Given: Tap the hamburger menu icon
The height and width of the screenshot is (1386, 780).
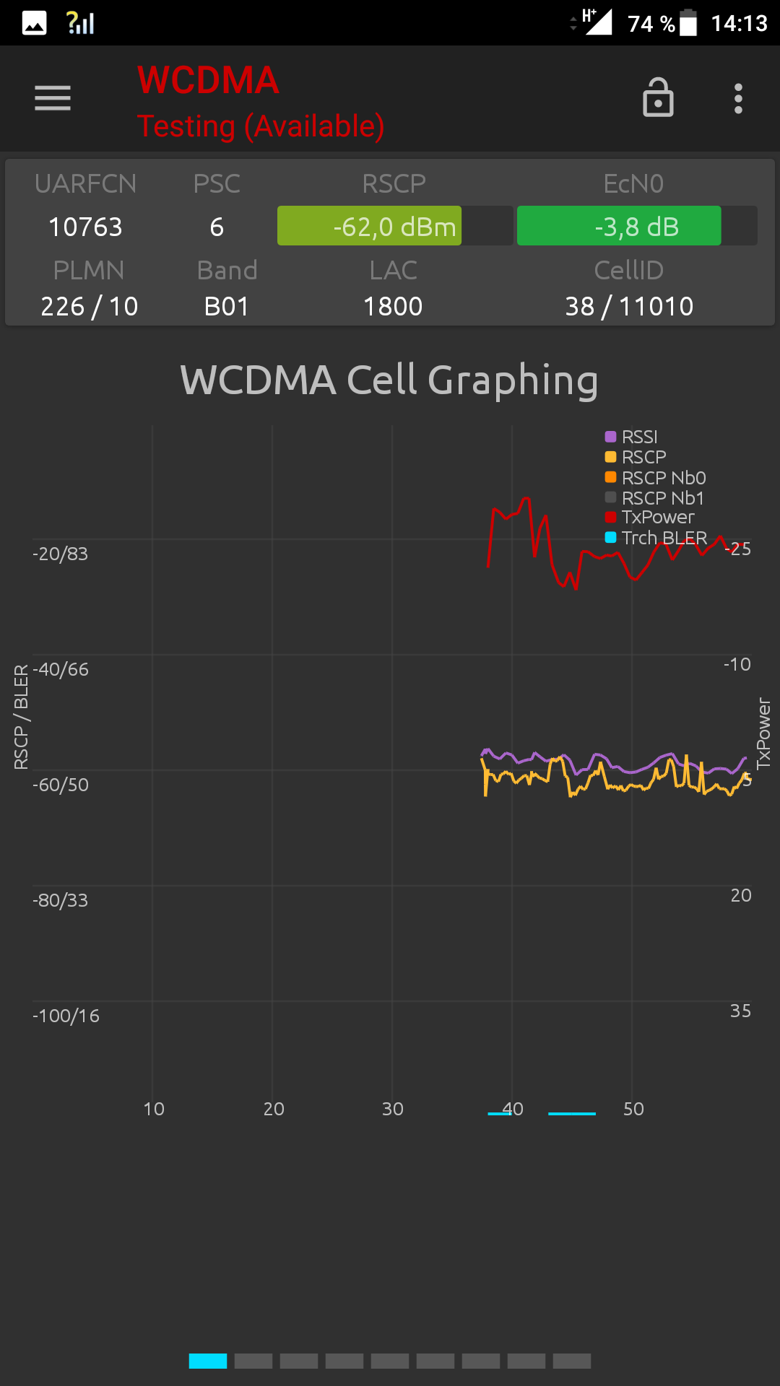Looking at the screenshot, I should pos(53,98).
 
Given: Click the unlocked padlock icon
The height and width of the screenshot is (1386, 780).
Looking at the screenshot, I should pos(658,97).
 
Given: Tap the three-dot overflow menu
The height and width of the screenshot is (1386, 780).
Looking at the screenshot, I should pos(738,98).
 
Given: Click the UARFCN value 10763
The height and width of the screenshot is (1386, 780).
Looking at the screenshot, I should pos(85,227).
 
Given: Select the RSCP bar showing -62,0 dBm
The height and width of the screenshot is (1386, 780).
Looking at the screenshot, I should pos(394,227).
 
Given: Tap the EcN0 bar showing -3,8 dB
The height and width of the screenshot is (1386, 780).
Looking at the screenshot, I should pos(636,227).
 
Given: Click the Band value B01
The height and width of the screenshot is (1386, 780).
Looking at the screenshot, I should pos(227,307).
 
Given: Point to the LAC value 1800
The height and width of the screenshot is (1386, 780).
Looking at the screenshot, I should pos(393,307).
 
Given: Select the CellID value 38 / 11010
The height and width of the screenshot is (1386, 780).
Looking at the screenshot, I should pos(629,307).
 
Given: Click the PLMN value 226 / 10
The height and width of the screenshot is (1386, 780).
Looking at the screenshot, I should pos(90,307).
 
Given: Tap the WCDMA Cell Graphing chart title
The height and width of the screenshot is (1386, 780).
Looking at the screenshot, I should pos(389,380).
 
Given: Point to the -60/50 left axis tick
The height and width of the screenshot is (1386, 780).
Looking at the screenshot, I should pos(61,785).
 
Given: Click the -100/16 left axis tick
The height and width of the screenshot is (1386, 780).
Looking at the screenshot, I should pos(66,1016).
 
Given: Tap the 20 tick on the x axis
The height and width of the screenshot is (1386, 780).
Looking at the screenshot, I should pos(274,1109).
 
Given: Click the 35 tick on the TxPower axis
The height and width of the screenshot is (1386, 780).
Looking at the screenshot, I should pos(740,1011).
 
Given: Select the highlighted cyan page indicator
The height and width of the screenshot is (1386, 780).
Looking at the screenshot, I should pos(208,1361).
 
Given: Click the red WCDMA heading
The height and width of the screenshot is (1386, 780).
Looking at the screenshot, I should pos(208,80).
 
